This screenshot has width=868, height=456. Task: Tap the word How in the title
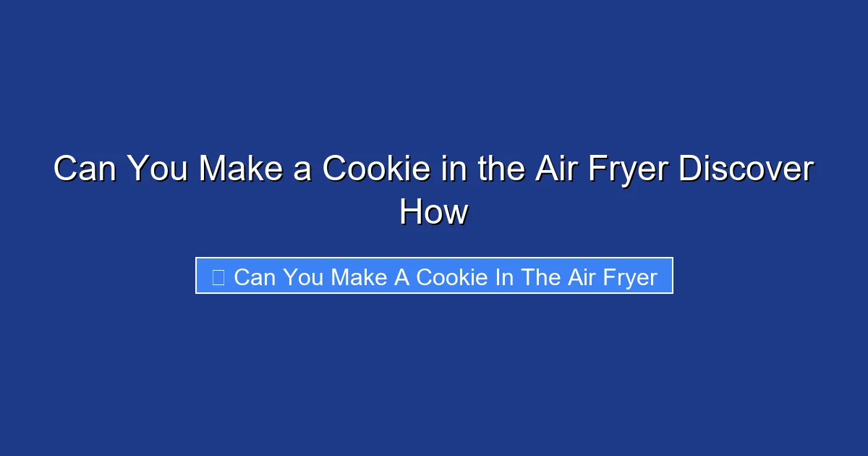(x=434, y=213)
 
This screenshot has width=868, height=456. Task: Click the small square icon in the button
(x=218, y=276)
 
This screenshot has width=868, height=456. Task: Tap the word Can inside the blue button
(x=255, y=277)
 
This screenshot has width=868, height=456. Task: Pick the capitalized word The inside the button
(x=540, y=277)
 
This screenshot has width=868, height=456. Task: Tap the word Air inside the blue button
(x=581, y=277)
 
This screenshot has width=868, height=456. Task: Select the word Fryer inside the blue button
(x=629, y=277)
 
